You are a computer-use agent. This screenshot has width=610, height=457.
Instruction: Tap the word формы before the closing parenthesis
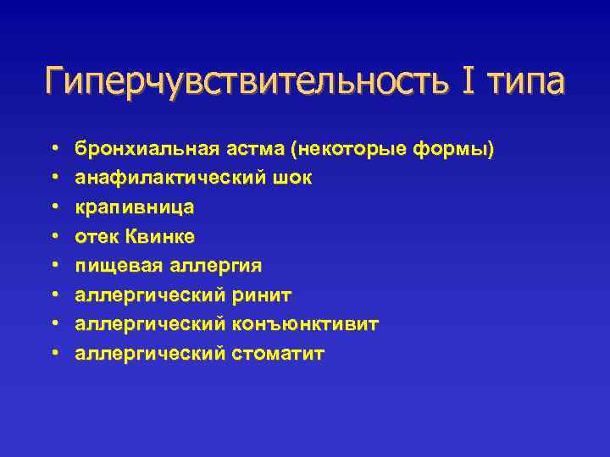click(450, 150)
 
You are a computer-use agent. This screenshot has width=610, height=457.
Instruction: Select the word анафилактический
click(165, 179)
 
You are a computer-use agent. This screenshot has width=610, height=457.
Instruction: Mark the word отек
click(94, 237)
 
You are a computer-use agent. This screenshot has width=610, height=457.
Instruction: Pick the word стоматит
click(277, 353)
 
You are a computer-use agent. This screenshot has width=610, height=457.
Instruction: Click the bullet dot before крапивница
click(54, 208)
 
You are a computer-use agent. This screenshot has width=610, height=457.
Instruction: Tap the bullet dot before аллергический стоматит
click(54, 353)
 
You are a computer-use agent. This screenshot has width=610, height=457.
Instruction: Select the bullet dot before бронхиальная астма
click(54, 149)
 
